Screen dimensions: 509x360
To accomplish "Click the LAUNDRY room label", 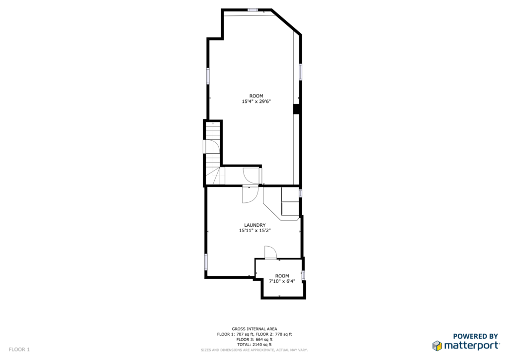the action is click(255, 225).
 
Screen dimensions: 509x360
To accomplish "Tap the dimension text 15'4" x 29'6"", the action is click(256, 101).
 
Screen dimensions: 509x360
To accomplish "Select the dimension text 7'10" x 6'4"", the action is click(282, 281).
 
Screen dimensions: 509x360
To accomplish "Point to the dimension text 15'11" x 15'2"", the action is click(255, 231).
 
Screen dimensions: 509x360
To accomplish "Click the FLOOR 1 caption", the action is click(19, 350).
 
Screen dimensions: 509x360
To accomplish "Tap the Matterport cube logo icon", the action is click(437, 346).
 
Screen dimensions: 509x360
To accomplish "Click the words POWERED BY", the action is click(476, 336).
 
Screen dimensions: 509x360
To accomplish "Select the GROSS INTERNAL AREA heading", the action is click(254, 329).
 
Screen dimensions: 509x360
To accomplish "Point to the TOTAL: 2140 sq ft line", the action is click(254, 345).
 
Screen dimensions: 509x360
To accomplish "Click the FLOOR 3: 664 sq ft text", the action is click(254, 339).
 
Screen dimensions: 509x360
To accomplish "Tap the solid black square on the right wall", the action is click(296, 109).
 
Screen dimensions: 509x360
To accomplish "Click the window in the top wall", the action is click(253, 10).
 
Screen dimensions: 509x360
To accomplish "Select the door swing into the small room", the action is click(270, 253).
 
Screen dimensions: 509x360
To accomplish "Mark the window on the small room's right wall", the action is click(304, 275).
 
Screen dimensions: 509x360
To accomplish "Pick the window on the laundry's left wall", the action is click(206, 262).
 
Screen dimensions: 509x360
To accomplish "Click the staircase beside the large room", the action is click(213, 154).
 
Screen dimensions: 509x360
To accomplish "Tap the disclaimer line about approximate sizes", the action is click(254, 350).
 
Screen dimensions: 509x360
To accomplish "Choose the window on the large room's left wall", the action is click(208, 76).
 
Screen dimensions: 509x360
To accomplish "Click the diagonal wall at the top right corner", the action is click(286, 21).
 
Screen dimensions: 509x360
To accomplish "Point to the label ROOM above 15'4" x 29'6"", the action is click(256, 96).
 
